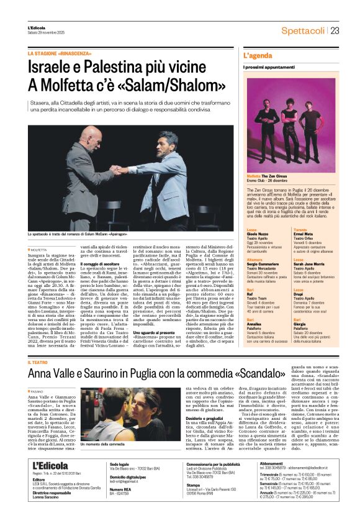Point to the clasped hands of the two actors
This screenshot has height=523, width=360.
tap(117, 169)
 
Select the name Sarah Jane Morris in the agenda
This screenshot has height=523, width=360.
tap(309, 263)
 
